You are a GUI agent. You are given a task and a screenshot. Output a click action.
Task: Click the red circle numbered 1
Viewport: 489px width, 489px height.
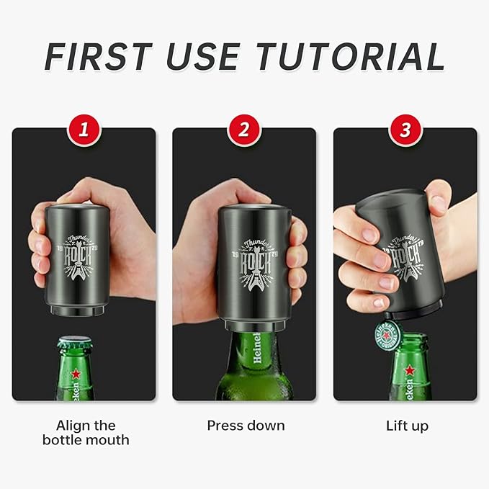tap(84, 130)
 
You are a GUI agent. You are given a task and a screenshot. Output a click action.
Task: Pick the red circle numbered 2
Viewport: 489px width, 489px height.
tap(244, 130)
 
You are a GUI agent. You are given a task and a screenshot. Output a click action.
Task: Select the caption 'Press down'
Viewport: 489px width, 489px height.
tap(245, 426)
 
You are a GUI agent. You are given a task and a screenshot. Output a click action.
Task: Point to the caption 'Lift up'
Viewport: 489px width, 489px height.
tap(406, 426)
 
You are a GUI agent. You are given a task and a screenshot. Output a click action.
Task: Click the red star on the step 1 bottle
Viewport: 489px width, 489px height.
tap(75, 374)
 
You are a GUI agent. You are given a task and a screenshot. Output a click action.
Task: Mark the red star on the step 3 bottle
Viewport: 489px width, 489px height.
tap(409, 370)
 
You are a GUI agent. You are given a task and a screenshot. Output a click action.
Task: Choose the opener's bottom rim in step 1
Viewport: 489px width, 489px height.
tap(81, 311)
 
